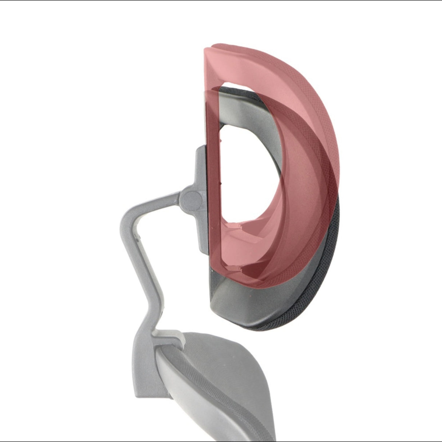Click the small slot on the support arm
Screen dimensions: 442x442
click(138, 237)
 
